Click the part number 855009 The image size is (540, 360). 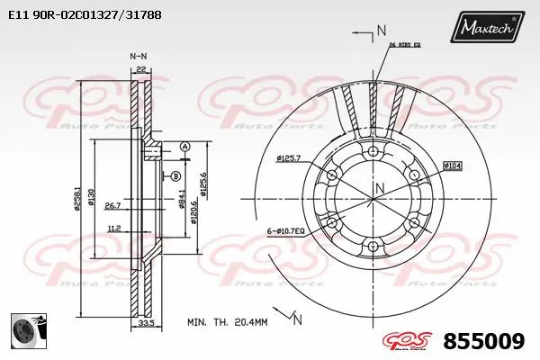[485, 341]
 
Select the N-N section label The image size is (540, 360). [138, 56]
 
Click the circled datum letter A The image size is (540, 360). [184, 147]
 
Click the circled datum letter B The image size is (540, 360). [175, 175]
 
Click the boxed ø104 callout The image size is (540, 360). [453, 166]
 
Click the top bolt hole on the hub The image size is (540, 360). [373, 150]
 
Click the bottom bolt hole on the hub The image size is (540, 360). [373, 245]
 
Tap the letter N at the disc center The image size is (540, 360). [380, 187]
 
